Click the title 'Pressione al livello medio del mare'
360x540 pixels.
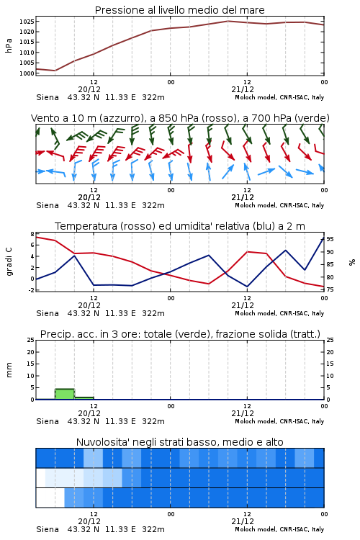(x=179, y=10)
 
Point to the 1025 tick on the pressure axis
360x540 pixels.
(x=27, y=22)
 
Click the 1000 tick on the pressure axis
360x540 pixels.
(x=27, y=73)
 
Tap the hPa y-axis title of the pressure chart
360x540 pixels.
(x=9, y=45)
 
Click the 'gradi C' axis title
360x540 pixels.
(x=9, y=261)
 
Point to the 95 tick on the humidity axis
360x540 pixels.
(x=330, y=239)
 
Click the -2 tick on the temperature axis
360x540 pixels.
(x=31, y=290)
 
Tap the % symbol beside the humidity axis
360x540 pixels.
(x=352, y=262)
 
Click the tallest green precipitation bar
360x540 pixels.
(x=65, y=394)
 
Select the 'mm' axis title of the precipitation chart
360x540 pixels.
(x=9, y=370)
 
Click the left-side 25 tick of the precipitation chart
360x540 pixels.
(x=31, y=340)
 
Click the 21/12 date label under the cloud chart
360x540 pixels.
(x=243, y=521)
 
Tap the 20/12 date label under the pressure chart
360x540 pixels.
(x=89, y=89)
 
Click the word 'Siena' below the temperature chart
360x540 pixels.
(x=48, y=313)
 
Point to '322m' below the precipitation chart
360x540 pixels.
(x=153, y=421)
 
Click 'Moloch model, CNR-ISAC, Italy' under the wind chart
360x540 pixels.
(x=279, y=205)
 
